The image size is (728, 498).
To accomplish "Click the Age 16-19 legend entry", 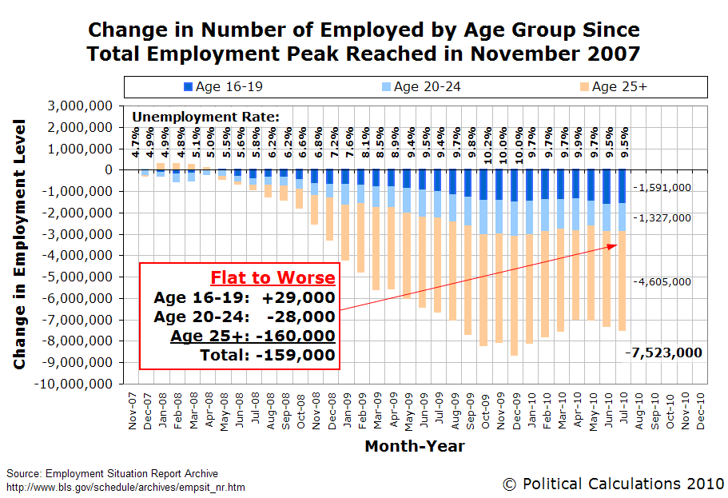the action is coord(223,87).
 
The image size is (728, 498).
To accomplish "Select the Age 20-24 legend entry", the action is coord(421,87).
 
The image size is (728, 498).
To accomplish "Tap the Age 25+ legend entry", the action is coord(613,87).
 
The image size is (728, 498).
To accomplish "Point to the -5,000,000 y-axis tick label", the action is coord(77,277).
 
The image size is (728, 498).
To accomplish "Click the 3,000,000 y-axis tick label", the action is coord(80,106).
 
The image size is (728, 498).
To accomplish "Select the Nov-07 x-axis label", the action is coord(133,411).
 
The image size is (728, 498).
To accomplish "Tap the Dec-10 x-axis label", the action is coord(701,411).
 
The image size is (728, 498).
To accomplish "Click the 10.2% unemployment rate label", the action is coord(487,145).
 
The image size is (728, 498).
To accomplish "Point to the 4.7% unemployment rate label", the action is coord(134,142).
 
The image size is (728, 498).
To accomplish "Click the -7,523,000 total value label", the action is coord(663,353).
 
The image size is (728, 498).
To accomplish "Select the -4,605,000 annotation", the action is coord(662,282).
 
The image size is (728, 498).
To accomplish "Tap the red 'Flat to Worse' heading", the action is coord(273,278).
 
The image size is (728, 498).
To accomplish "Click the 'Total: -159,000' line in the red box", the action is coord(268,356).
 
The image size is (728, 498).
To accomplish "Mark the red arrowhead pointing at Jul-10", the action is coord(613,245).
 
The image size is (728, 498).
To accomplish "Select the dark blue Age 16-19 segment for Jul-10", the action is coord(622,186).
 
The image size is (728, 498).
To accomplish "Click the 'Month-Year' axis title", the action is coord(415,446).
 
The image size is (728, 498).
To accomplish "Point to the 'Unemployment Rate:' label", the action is coord(205,117).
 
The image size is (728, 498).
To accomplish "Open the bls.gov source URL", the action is coord(125,488).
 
